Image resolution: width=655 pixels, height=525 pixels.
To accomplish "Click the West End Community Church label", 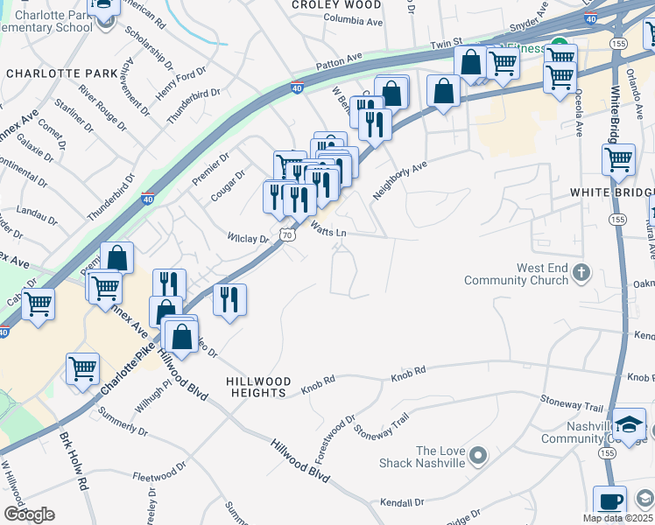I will pos(523,274).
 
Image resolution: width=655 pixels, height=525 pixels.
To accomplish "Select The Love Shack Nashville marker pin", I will pos(477,456).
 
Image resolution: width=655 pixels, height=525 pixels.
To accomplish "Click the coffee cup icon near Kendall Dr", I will pos(611,502).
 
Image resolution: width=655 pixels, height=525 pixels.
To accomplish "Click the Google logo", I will pos(29,514).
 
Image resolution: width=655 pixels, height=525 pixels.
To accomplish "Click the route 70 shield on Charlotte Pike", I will pos(287,234).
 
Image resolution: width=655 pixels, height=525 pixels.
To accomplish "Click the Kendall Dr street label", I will pos(403,503).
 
